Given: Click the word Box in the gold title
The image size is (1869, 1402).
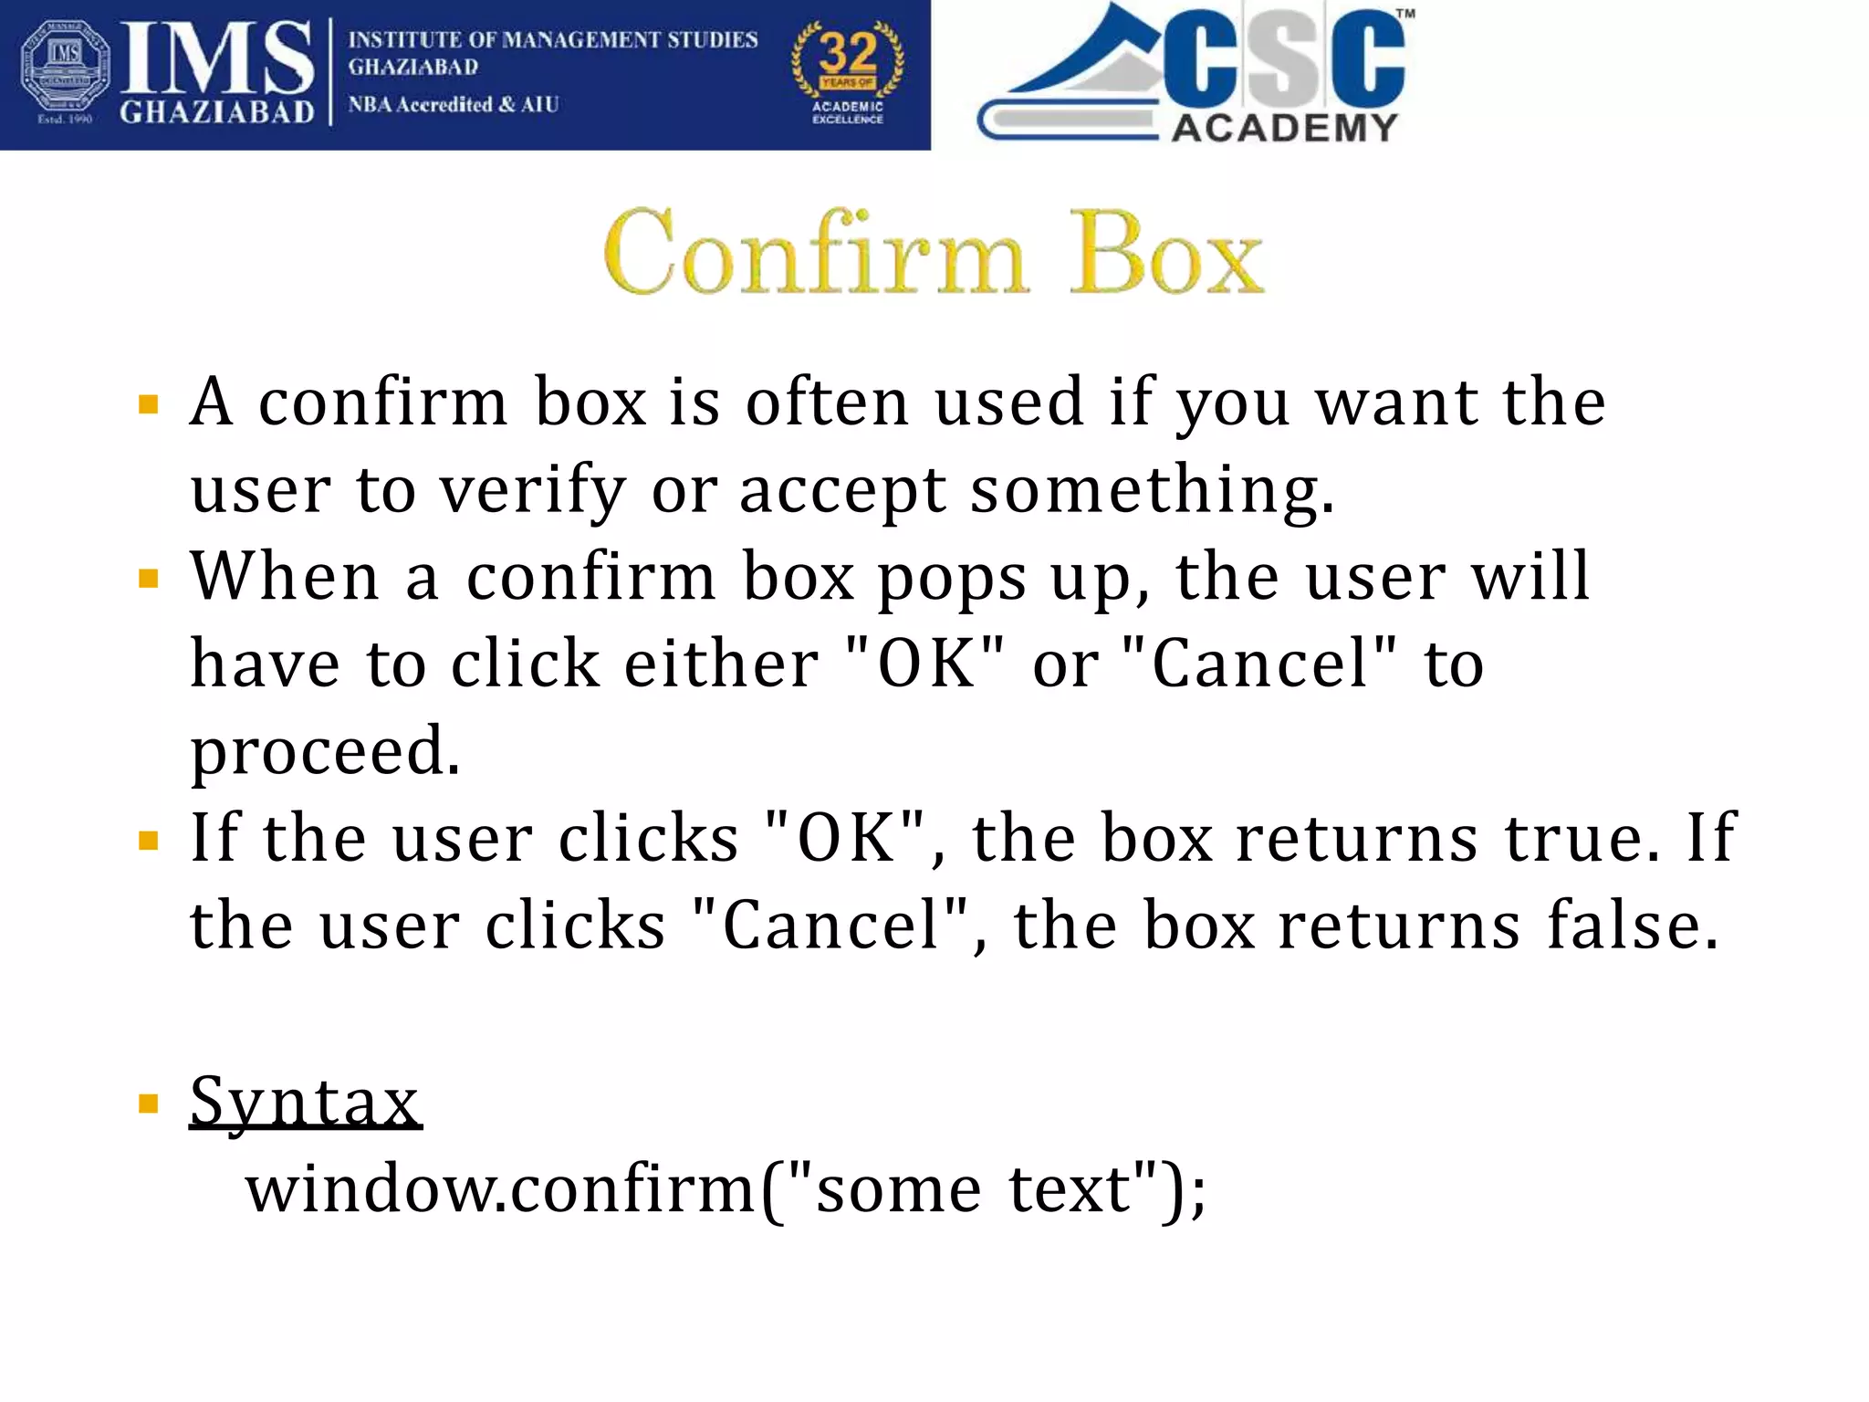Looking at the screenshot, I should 1167,253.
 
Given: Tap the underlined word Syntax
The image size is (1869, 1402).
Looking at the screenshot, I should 306,1102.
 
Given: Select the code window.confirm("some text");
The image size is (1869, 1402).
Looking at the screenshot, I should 726,1189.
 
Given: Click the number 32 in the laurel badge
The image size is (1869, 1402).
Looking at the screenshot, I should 848,53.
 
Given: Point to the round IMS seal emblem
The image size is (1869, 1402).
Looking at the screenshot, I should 64,71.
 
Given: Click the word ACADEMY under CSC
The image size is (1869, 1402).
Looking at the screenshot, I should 1284,128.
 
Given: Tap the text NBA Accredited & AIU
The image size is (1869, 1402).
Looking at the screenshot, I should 454,105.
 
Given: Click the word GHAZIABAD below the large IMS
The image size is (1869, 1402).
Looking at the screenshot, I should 217,111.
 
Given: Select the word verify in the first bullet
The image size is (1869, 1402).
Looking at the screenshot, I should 533,491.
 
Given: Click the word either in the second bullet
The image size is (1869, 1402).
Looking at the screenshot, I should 721,664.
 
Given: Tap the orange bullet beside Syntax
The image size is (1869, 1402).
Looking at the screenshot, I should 148,1104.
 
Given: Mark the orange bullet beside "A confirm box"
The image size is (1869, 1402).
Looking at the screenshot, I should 148,404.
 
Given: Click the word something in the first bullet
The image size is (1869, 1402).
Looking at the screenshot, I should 1152,491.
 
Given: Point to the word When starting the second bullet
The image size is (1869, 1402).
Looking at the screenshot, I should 285,577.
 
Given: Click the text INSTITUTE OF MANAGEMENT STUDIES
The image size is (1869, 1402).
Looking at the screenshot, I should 553,40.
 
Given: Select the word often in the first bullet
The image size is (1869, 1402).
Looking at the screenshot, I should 827,403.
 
